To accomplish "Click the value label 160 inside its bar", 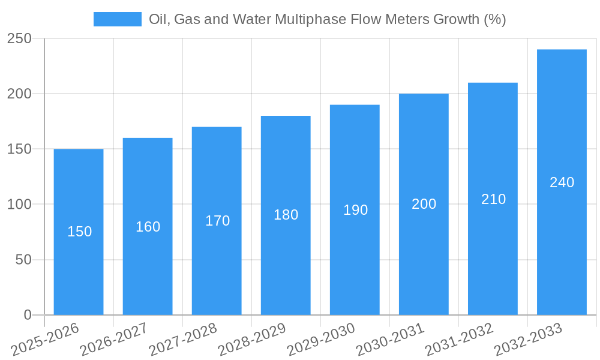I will point(148,227).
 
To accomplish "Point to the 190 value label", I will point(355,210).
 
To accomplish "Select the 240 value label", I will point(562,182).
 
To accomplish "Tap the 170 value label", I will point(217,221).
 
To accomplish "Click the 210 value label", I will point(493,199).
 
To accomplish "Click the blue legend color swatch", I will point(118,19).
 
